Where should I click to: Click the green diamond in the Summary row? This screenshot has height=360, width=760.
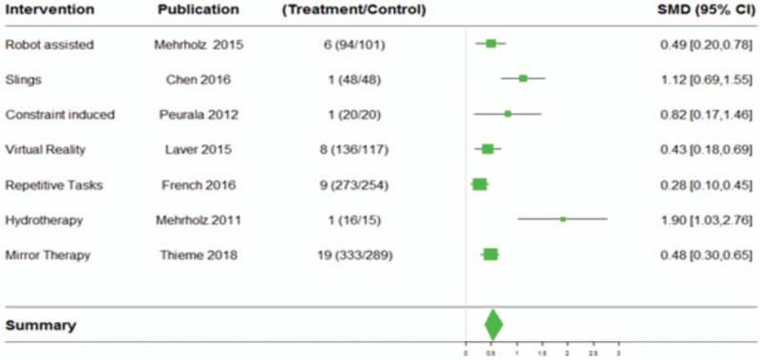(493, 324)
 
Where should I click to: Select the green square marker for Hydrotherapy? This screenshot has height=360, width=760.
(562, 219)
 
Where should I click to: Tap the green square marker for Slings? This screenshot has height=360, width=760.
(523, 79)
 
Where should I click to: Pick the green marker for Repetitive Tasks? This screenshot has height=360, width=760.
(480, 184)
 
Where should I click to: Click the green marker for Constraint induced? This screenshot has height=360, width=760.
(507, 114)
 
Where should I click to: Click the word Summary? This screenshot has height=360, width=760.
(41, 325)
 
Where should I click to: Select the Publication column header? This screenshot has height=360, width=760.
(199, 10)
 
